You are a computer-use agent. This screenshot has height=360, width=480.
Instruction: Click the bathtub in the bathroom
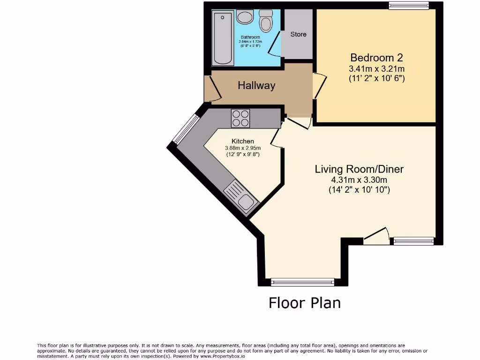(x=222, y=38)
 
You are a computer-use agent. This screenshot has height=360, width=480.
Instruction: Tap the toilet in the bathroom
(x=266, y=21)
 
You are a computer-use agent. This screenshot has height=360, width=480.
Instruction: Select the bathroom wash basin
(x=244, y=18)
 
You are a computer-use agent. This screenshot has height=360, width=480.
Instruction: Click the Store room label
(x=298, y=34)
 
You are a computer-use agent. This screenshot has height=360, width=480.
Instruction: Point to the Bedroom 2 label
(x=376, y=58)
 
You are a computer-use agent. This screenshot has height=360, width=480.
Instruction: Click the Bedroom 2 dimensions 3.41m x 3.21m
(x=376, y=69)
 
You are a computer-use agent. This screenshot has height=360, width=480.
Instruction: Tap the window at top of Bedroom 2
(x=409, y=6)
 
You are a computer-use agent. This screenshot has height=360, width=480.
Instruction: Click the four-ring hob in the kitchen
(x=240, y=118)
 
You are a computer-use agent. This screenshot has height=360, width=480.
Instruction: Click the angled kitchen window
(x=186, y=129)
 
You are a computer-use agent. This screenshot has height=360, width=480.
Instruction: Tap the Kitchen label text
(x=243, y=141)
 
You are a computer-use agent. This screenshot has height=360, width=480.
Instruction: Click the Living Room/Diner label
(x=359, y=169)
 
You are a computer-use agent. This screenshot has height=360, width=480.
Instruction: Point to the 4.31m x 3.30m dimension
(x=359, y=180)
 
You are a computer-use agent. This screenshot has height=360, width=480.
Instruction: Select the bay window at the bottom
(x=302, y=282)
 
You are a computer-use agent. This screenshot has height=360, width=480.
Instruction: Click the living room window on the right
(x=413, y=241)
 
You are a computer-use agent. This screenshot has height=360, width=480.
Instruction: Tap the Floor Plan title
(x=305, y=303)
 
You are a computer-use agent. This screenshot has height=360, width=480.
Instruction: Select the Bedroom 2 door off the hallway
(x=318, y=86)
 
